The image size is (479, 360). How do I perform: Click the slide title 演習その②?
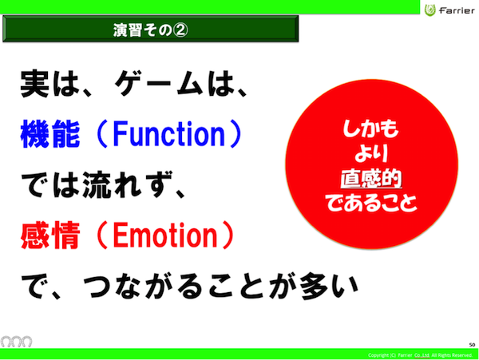pyautogui.click(x=150, y=30)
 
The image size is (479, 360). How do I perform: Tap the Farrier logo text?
pyautogui.click(x=457, y=11)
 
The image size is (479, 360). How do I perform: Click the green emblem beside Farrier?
pyautogui.click(x=430, y=10)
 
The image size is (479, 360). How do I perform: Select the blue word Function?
pyautogui.click(x=169, y=134)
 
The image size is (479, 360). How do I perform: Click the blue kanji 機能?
pyautogui.click(x=50, y=134)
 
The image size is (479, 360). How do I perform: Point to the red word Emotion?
pyautogui.click(x=165, y=235)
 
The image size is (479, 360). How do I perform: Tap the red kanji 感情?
pyautogui.click(x=50, y=235)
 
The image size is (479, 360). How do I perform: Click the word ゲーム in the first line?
pyautogui.click(x=159, y=83)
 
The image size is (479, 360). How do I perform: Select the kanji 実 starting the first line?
pyautogui.click(x=34, y=83)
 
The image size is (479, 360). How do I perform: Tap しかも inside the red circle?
pyautogui.click(x=370, y=129)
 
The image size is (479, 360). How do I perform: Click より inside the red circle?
pyautogui.click(x=371, y=153)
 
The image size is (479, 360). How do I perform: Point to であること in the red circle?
pyautogui.click(x=371, y=203)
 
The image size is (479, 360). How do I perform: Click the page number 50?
pyautogui.click(x=472, y=345)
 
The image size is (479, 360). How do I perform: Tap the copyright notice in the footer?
pyautogui.click(x=420, y=355)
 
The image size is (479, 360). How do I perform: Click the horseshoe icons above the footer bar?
pyautogui.click(x=17, y=342)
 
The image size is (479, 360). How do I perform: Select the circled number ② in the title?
pyautogui.click(x=180, y=30)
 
